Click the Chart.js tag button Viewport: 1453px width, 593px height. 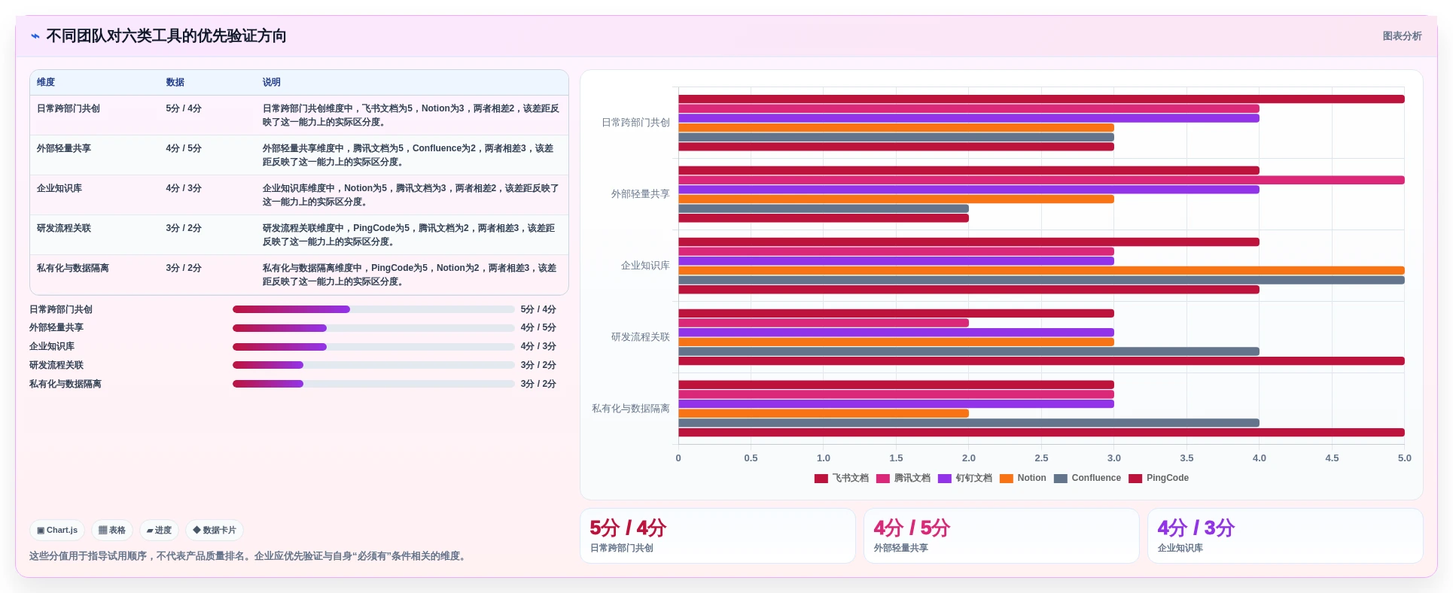pos(57,531)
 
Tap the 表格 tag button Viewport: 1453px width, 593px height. pos(112,531)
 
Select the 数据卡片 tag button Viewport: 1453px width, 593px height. pos(215,531)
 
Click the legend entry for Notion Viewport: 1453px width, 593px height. pos(1023,478)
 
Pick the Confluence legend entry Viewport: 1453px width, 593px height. pos(1087,478)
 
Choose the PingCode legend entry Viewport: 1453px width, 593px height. pos(1159,478)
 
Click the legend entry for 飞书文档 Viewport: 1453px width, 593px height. pos(842,478)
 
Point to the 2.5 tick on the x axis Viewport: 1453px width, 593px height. pos(1041,458)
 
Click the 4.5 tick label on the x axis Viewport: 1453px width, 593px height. pos(1332,458)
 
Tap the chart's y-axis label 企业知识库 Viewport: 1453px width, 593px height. pos(645,266)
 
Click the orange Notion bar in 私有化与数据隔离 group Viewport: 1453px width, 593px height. pos(824,413)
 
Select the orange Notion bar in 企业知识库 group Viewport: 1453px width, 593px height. pos(1041,270)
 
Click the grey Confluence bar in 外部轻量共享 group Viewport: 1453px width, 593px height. pos(824,208)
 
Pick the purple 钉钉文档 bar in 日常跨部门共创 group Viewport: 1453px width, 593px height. pos(969,118)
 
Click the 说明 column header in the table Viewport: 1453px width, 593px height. pos(272,82)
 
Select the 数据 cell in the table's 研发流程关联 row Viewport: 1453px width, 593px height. pos(184,228)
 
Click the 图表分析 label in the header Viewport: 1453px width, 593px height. pos(1402,36)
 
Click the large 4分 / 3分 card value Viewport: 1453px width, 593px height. pos(1196,528)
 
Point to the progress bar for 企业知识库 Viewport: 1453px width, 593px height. pos(373,347)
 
